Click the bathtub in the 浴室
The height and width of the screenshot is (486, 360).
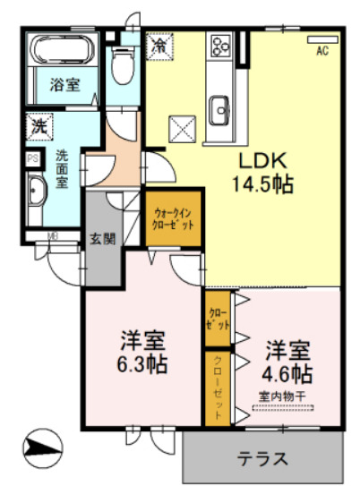(58, 50)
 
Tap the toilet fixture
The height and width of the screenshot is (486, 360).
(123, 63)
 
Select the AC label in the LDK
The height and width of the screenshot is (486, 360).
(321, 51)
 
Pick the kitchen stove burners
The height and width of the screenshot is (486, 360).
(219, 45)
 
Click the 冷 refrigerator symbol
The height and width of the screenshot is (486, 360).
(159, 44)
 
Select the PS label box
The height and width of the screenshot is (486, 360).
(32, 161)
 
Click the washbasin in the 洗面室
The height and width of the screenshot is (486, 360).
(36, 191)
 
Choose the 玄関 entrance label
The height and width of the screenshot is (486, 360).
(100, 239)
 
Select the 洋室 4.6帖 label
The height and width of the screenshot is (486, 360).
(286, 362)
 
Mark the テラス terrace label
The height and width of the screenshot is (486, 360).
(262, 459)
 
